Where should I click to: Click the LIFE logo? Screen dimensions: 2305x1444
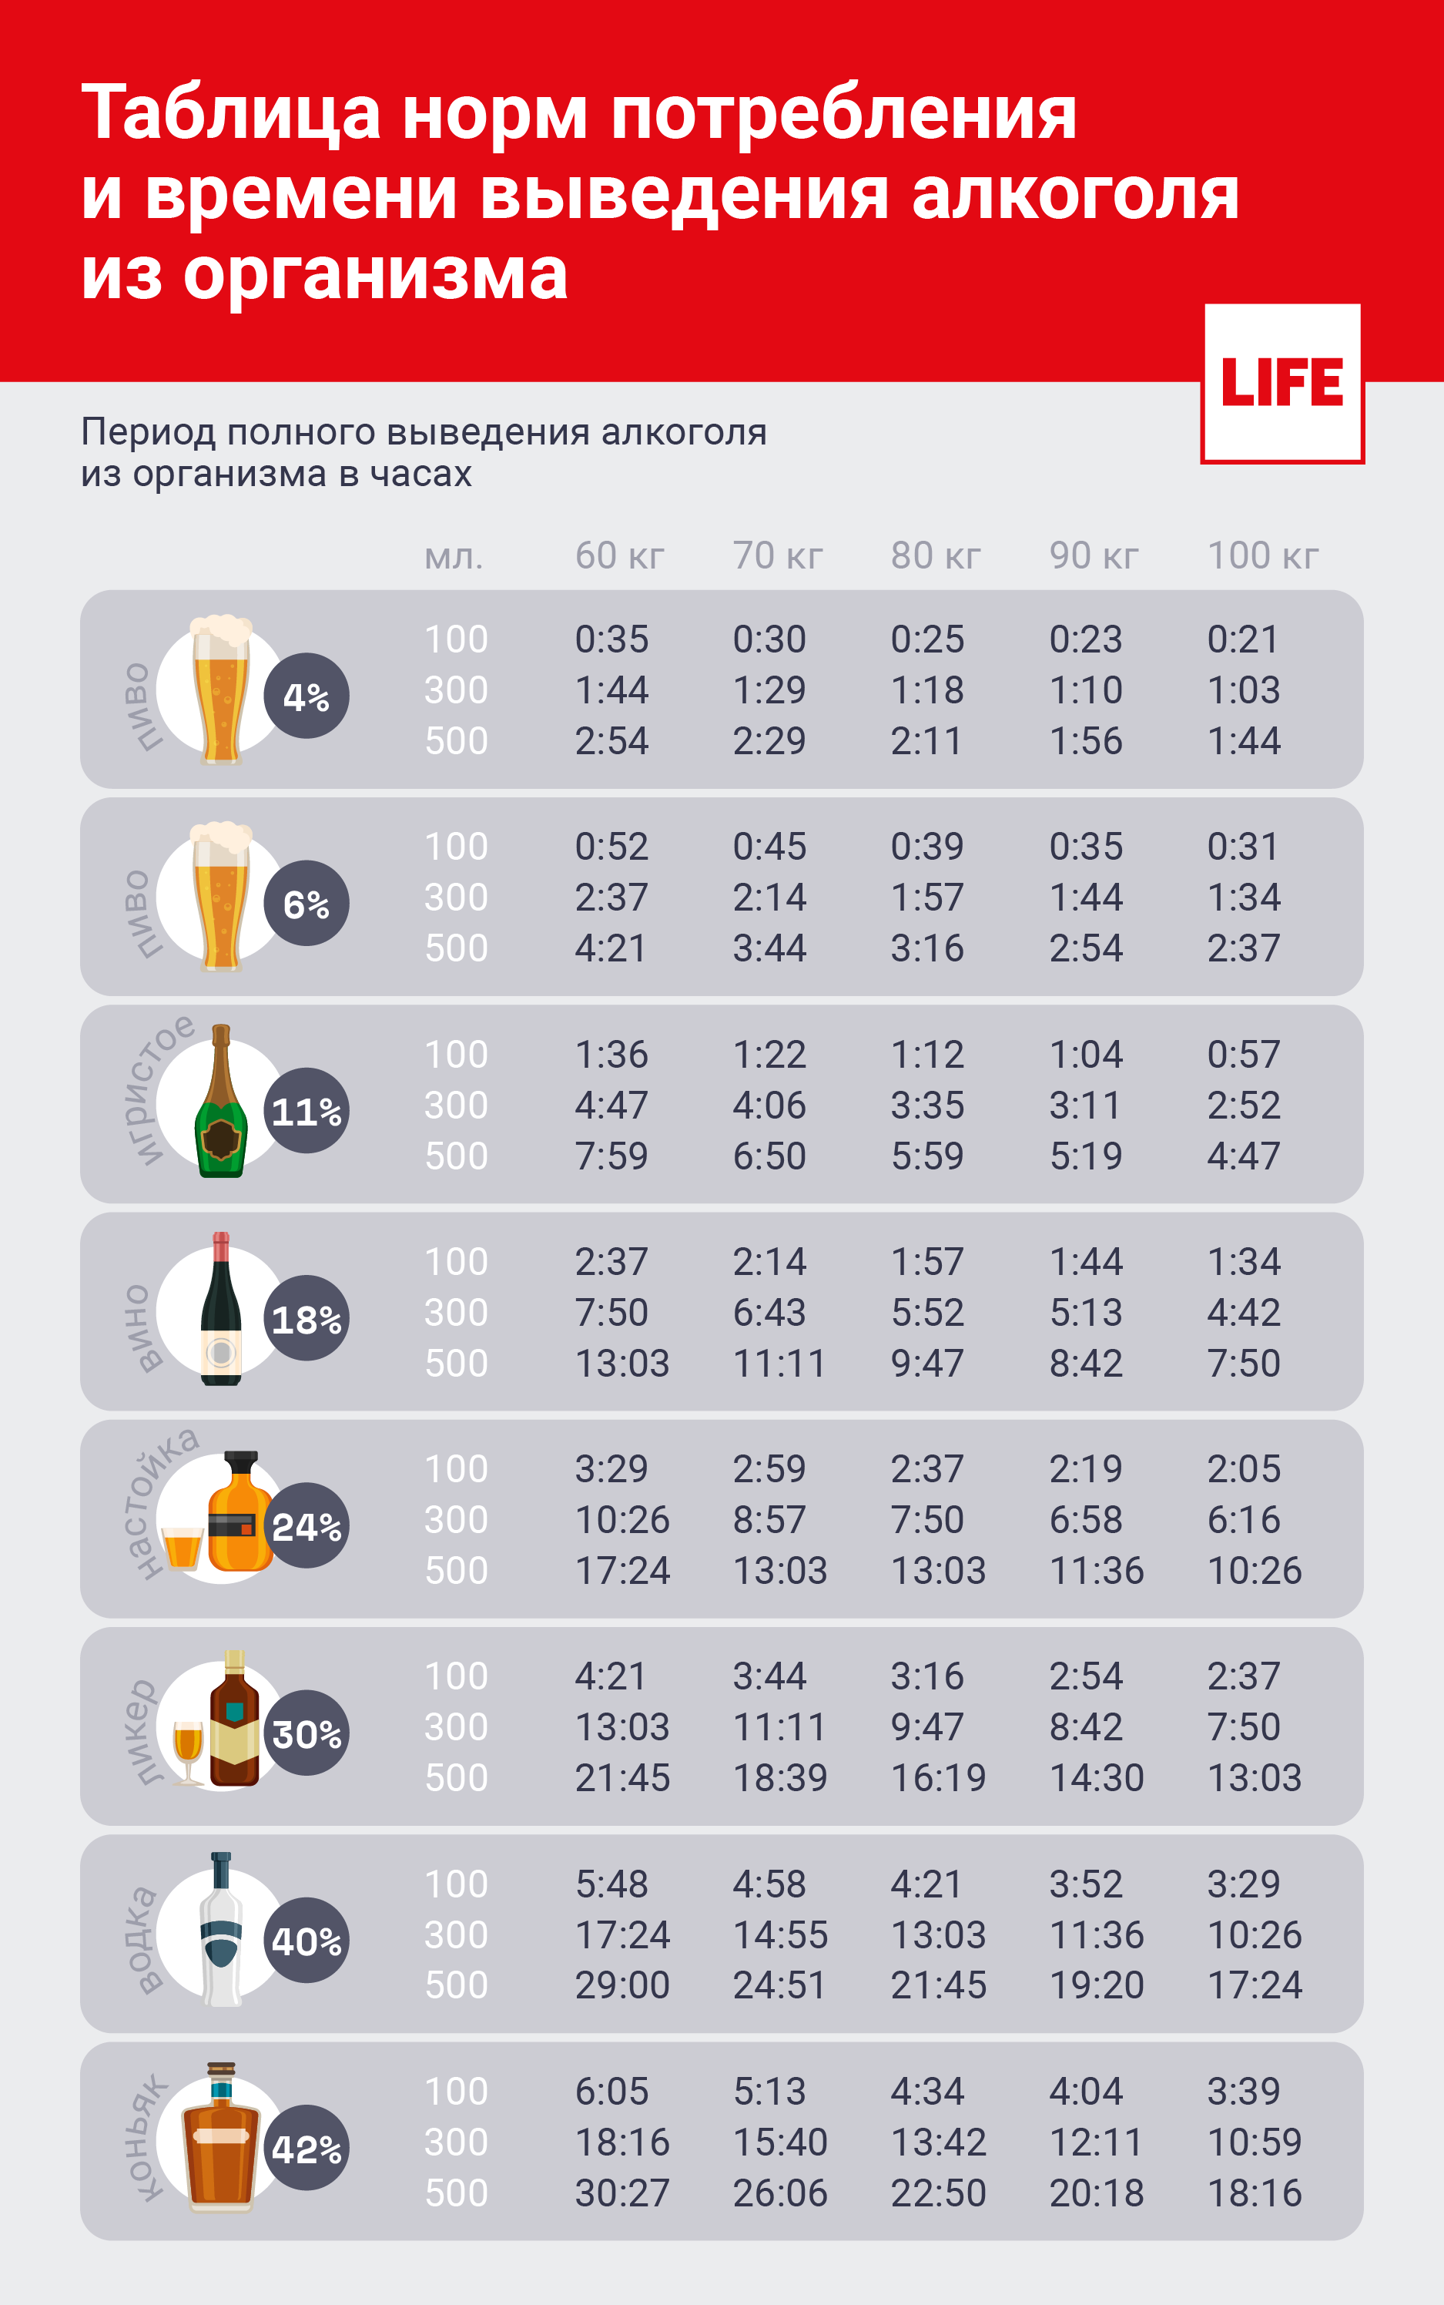(1282, 382)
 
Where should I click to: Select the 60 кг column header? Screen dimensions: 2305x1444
(619, 555)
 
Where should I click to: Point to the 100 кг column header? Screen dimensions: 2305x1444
(1262, 555)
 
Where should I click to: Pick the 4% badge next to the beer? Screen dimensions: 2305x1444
(306, 696)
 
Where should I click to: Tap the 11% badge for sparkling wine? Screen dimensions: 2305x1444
(306, 1111)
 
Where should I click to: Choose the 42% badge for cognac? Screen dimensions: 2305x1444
(306, 2149)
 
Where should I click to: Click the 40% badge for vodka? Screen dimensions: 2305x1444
(306, 1941)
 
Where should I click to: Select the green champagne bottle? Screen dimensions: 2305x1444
(220, 1108)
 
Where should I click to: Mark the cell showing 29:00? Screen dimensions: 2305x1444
(621, 1985)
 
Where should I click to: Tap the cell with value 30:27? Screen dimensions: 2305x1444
(621, 2193)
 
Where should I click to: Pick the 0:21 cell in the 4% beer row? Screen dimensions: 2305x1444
(1242, 639)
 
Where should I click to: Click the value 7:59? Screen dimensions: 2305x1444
(611, 1156)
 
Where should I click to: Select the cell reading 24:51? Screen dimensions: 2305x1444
(779, 1985)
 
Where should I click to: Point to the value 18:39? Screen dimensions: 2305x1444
(779, 1778)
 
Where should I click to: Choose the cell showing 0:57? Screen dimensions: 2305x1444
(1242, 1055)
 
